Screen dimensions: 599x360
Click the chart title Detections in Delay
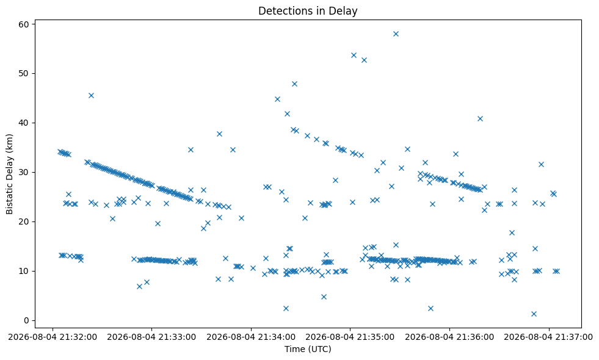point(308,11)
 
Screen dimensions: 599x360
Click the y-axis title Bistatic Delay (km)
point(9,174)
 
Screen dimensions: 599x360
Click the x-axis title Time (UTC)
point(308,349)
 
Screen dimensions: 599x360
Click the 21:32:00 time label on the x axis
point(53,337)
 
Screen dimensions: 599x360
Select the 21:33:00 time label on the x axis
point(151,337)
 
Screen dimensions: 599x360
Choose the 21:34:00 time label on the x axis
point(251,337)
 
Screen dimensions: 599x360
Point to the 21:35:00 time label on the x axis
point(350,337)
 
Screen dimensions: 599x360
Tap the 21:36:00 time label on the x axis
point(449,337)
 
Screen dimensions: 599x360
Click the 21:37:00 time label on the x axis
point(549,337)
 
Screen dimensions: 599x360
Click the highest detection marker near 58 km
point(396,34)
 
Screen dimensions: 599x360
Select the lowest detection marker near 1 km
point(534,314)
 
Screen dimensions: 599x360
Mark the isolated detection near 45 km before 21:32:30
point(92,95)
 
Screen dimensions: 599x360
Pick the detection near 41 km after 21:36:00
point(480,119)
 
